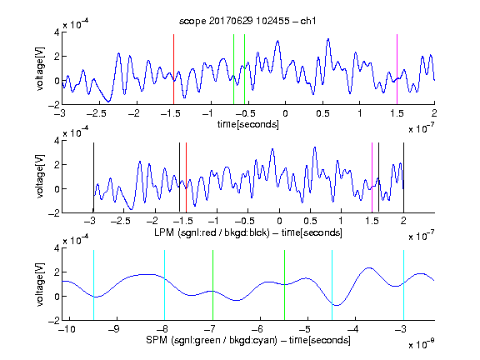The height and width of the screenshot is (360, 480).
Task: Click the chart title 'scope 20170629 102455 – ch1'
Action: [x=247, y=21]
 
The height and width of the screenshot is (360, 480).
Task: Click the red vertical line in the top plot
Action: [x=173, y=69]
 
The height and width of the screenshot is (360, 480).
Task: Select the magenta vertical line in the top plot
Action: [x=397, y=69]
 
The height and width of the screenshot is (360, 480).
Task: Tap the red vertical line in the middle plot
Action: [x=186, y=177]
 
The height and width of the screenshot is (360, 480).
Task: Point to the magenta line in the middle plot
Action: [x=372, y=177]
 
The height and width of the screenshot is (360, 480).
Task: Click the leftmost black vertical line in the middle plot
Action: [x=93, y=177]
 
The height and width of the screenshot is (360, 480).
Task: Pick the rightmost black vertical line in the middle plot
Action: [x=403, y=177]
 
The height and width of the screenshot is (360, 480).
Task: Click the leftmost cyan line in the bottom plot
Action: [x=93, y=285]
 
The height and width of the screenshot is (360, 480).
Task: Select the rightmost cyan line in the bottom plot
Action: [x=403, y=285]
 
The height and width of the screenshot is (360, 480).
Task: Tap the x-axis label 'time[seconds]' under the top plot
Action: [x=248, y=124]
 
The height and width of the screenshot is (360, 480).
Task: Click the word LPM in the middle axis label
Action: [x=164, y=232]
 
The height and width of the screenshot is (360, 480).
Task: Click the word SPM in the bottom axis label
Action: [x=157, y=340]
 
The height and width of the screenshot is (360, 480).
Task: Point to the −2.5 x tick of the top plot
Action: [x=97, y=113]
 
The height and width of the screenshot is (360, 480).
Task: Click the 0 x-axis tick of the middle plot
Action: [x=279, y=221]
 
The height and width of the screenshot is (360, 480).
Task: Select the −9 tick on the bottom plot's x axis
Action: [x=114, y=329]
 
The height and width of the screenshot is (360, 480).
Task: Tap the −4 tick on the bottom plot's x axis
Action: [x=353, y=329]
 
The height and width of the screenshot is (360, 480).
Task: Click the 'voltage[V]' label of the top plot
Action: [x=40, y=69]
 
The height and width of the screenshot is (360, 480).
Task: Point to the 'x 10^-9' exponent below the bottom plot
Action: [x=421, y=344]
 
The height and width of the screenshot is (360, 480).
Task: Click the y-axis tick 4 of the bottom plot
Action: [x=57, y=248]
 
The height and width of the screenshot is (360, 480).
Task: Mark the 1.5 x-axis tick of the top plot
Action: [x=397, y=113]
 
